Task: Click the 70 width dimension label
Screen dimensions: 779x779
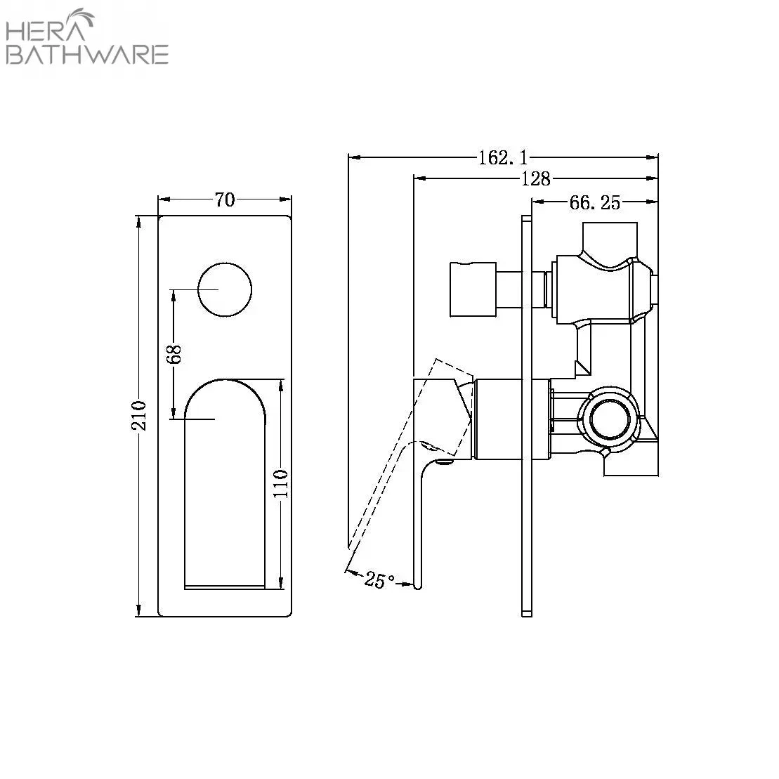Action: pos(225,200)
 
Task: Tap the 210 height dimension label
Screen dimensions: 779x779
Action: pos(139,415)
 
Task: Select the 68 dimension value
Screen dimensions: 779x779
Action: pos(176,353)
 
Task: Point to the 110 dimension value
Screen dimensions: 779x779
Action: pos(282,483)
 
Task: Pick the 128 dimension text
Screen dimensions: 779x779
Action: pos(536,179)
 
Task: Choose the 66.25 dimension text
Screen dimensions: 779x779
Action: pos(595,203)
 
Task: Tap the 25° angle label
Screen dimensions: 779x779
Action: pos(380,580)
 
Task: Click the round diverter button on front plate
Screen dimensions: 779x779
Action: pos(225,290)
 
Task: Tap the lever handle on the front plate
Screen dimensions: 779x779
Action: pos(225,485)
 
